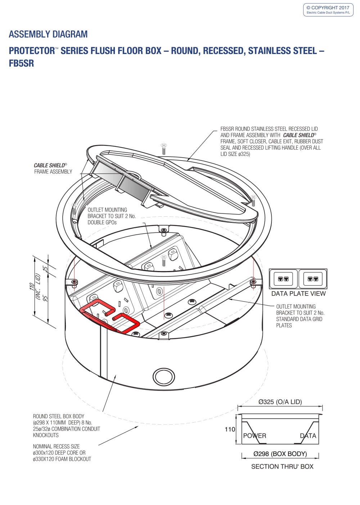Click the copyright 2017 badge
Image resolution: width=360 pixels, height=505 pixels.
pos(328,10)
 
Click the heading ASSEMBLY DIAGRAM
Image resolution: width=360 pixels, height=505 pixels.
pos(48,34)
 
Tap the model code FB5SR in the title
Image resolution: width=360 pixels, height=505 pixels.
pos(22,63)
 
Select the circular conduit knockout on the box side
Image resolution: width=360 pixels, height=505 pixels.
pos(164,377)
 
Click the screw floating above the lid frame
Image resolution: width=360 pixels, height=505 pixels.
pos(164,148)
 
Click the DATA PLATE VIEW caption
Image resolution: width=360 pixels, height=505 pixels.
pos(298,294)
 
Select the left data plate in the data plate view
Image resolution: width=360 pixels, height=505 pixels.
pos(284,279)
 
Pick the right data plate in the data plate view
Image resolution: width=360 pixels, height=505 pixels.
pos(313,279)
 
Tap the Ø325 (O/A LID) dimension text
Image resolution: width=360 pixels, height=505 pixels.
pos(280,402)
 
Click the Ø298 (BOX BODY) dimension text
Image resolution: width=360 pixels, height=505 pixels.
pos(280,454)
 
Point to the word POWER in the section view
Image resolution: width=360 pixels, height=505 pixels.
pos(255,436)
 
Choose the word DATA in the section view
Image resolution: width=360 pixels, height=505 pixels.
pos(308,436)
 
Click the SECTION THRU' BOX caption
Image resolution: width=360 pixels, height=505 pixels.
pos(282,466)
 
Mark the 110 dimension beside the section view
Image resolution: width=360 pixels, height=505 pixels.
pos(230,429)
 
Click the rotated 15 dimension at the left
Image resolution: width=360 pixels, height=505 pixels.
pos(45,269)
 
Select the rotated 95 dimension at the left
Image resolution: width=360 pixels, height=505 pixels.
pos(45,298)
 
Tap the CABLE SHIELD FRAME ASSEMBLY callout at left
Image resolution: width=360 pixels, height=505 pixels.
pos(53,168)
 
